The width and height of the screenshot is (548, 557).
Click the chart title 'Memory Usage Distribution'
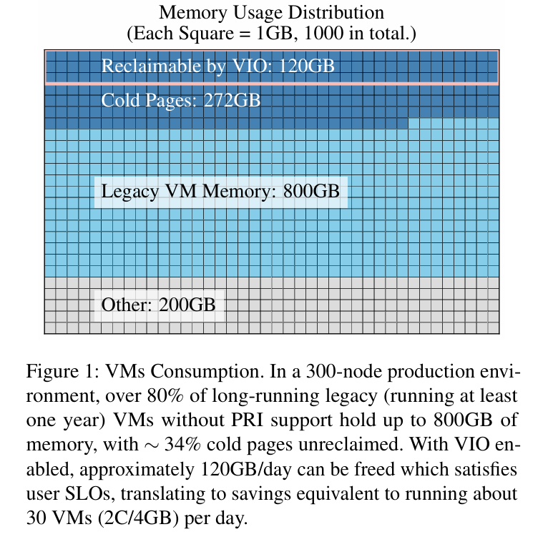[271, 13]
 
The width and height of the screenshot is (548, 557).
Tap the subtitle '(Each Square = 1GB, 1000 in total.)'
[271, 33]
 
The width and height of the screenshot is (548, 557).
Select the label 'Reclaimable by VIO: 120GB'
[217, 66]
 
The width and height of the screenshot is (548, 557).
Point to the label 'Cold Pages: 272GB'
[180, 100]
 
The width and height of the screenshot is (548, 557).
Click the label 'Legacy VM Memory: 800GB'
[220, 192]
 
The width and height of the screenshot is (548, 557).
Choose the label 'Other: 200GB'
[158, 305]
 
